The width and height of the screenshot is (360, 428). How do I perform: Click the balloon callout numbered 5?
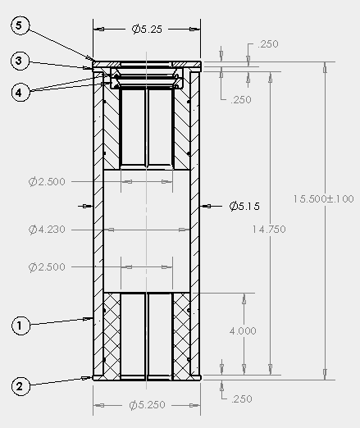point(20,25)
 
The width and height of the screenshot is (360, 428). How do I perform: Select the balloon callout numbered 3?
point(20,61)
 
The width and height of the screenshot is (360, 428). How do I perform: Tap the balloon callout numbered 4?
point(21,93)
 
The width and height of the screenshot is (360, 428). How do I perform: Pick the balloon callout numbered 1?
point(21,326)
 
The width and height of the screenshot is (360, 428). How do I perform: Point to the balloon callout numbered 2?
point(21,386)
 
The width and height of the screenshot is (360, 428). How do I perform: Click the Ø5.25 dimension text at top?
point(147,29)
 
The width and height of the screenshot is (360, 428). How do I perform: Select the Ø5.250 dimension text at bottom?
point(147,405)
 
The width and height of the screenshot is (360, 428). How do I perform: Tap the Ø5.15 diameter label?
point(244,206)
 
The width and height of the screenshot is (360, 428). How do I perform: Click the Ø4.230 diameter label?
point(47,229)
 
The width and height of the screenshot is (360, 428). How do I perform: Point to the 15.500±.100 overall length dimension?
point(323,198)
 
